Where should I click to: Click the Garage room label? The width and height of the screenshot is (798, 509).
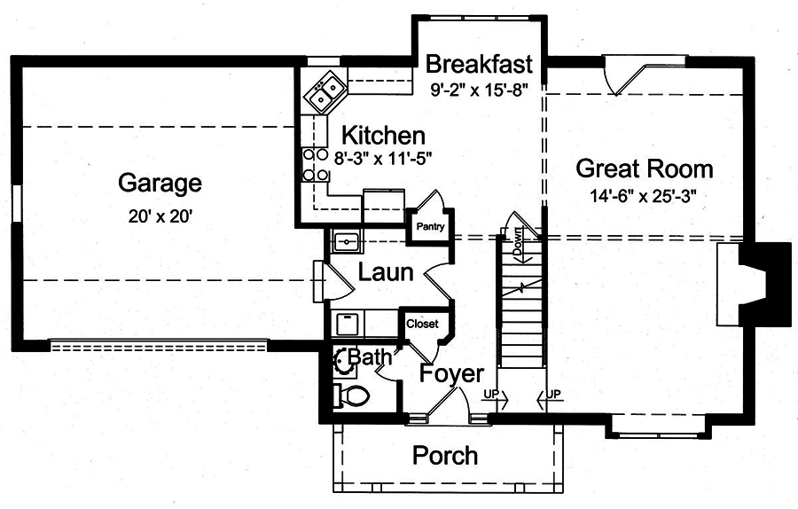160,184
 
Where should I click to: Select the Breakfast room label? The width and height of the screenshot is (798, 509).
479,65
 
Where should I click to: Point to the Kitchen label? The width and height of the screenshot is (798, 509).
383,136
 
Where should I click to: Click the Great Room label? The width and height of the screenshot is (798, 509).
644,168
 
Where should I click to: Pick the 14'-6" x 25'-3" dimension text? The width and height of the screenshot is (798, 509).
644,197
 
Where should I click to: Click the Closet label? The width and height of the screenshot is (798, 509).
422,325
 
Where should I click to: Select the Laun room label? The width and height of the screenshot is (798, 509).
385,272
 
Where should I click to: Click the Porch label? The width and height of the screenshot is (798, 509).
445,456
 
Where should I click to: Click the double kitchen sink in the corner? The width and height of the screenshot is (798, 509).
325,90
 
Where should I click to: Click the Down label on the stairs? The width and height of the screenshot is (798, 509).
516,240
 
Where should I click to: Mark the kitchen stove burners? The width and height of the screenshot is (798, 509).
310,164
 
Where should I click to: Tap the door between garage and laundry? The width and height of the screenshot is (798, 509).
321,283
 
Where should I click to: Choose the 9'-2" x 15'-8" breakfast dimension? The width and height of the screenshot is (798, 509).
479,89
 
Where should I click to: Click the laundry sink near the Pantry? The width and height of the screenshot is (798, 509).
346,241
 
